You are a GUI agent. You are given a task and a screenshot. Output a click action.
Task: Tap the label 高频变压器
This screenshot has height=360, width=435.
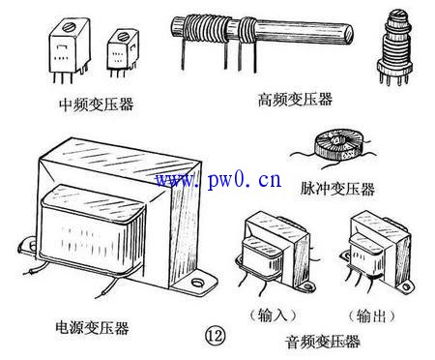(297, 98)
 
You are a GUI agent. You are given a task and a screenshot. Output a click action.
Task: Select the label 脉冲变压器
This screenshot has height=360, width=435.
(337, 189)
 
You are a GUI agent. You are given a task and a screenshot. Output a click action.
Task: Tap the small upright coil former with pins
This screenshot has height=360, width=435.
(394, 48)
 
